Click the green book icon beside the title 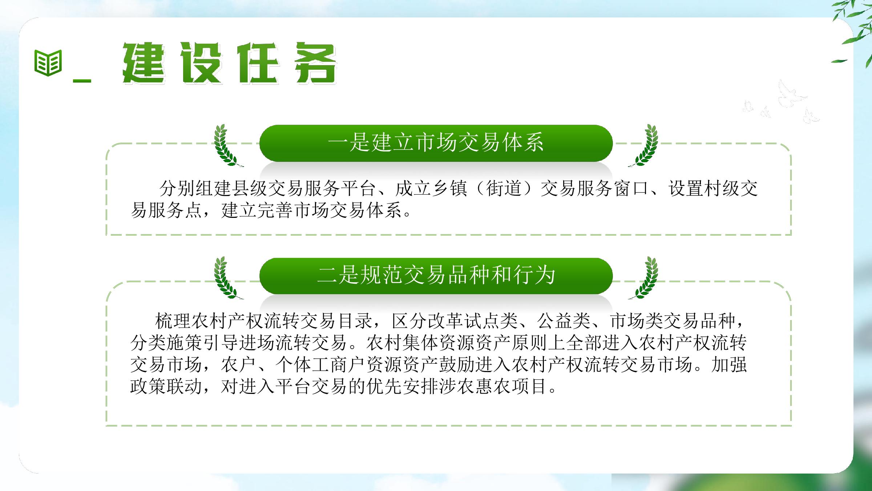(x=48, y=63)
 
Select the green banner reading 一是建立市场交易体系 (x=436, y=143)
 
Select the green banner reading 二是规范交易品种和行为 (x=436, y=276)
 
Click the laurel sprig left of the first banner (x=227, y=145)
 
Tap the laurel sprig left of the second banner (x=227, y=278)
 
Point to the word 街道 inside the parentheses (x=504, y=188)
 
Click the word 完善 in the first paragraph (x=275, y=210)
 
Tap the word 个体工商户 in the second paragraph (x=320, y=364)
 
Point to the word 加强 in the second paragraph (x=729, y=364)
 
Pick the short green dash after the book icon (x=82, y=80)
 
